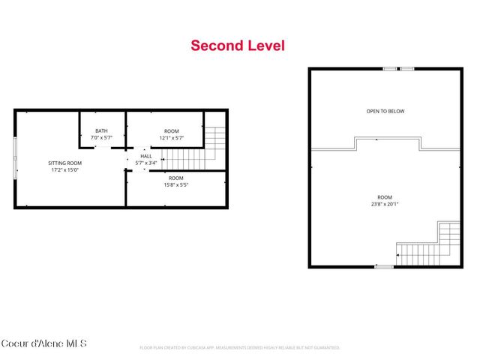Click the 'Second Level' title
pos(238,46)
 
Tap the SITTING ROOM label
pos(64,163)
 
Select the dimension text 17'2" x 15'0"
pos(64,169)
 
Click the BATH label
pos(101,131)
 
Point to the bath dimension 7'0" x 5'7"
pos(101,138)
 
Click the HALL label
pos(145,156)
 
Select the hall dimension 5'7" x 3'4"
pos(145,163)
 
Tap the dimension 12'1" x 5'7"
pos(171,138)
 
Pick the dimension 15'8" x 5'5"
pos(176,184)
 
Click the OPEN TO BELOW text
pos(385,111)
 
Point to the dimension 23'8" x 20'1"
pos(385,203)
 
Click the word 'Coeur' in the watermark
pos(14,343)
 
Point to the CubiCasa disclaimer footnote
pos(240,348)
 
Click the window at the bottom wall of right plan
pos(383,266)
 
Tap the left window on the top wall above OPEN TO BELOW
pos(390,69)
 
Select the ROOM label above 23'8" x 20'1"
pos(385,196)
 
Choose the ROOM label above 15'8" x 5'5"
pos(176,178)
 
